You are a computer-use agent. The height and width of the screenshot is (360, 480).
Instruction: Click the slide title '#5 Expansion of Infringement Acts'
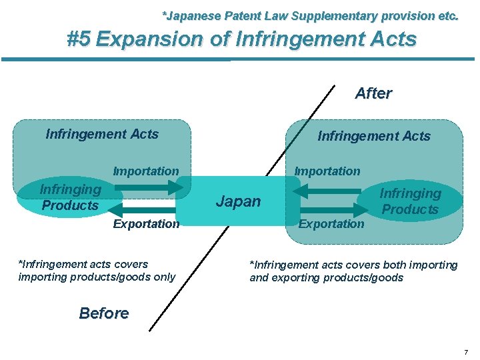point(242,39)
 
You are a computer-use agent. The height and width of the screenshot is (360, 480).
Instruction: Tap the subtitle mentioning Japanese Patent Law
point(311,15)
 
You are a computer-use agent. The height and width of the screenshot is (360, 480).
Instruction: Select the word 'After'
point(373,93)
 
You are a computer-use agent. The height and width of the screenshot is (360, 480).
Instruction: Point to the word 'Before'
point(104,313)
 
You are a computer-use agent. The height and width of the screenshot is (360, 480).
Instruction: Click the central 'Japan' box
point(238,201)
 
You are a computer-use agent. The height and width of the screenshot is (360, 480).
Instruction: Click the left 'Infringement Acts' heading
point(102,134)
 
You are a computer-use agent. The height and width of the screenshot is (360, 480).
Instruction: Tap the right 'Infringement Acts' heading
point(374,136)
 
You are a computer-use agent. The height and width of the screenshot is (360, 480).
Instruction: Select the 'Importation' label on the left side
point(146,171)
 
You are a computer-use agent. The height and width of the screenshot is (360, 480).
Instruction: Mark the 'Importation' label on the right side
point(327,171)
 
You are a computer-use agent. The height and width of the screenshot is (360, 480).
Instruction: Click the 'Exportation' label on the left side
point(146,224)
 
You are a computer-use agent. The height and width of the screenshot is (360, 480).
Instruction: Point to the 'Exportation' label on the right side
point(331,224)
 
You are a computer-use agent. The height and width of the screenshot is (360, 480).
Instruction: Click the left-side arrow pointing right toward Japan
point(147,189)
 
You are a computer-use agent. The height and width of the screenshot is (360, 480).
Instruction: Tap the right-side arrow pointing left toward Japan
point(327,191)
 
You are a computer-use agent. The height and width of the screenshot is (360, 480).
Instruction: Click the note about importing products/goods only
point(97,271)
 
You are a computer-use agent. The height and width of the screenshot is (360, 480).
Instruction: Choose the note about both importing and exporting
point(353,271)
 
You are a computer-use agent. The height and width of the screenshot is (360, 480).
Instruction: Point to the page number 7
point(466,351)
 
